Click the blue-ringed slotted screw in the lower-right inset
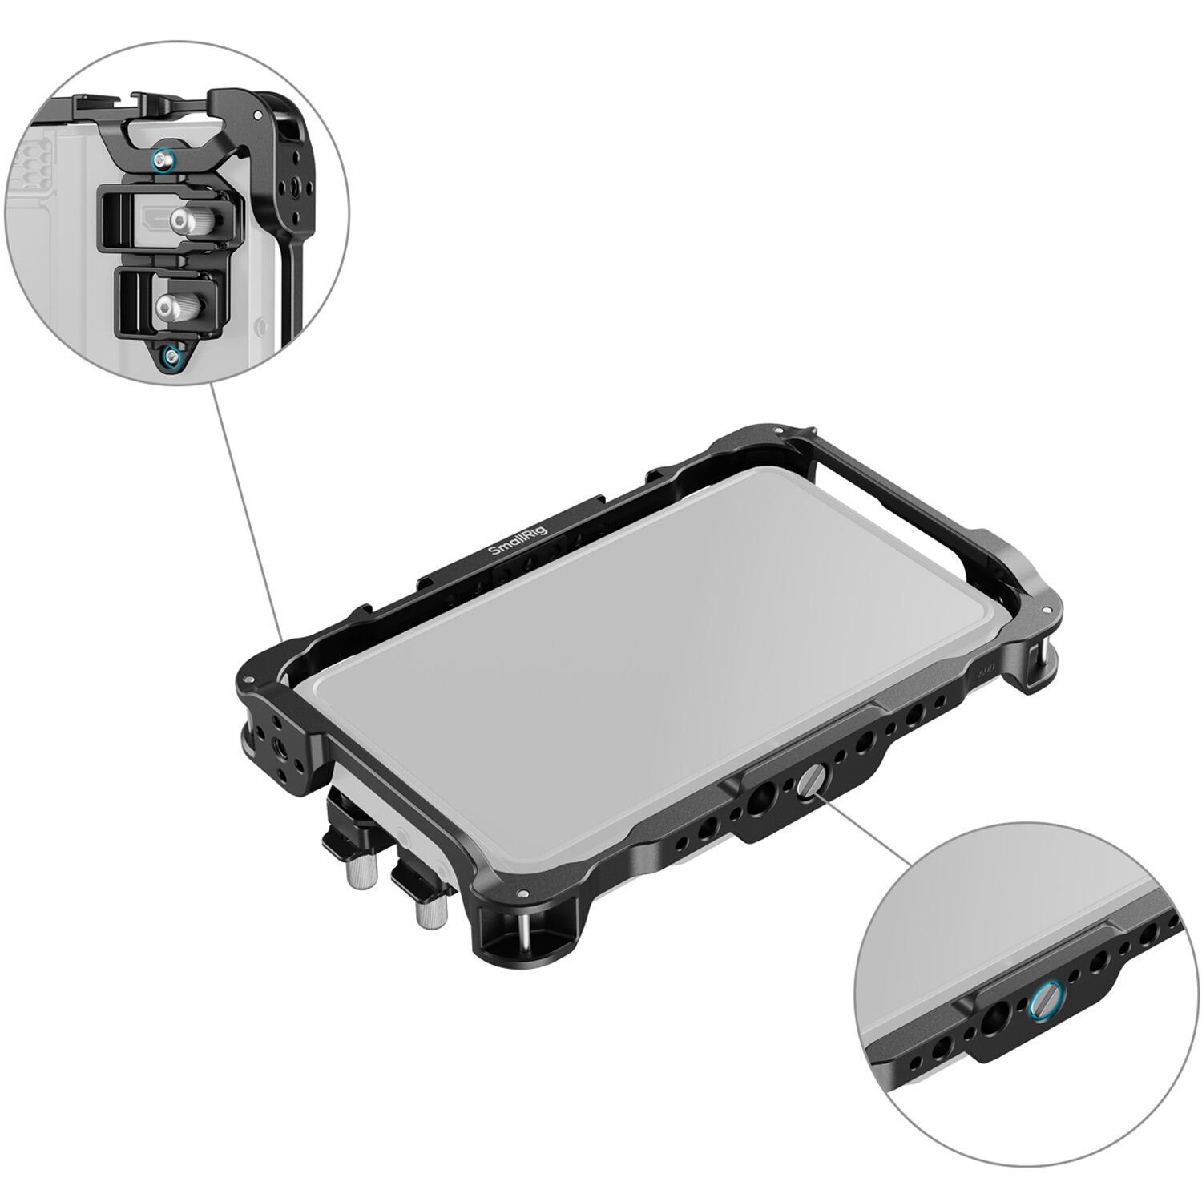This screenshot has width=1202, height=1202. [x=1040, y=998]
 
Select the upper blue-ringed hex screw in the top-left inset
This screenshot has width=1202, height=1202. [x=163, y=161]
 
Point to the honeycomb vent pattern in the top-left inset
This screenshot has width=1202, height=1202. [x=30, y=160]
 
